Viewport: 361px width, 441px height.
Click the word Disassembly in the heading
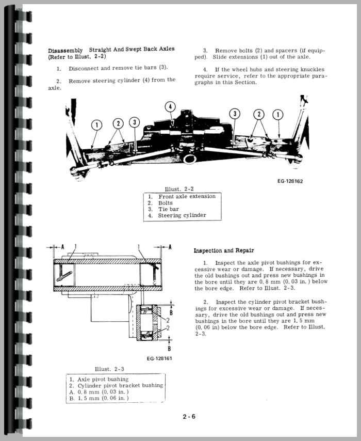[65, 50]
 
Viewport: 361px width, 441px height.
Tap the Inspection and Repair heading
[223, 250]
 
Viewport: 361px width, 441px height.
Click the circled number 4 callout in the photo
[170, 107]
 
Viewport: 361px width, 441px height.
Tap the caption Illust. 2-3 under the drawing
[110, 369]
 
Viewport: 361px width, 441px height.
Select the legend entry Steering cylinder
[182, 215]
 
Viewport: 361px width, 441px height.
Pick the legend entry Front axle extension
[186, 197]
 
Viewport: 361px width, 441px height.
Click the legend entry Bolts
[166, 203]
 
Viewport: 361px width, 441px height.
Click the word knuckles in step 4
[310, 69]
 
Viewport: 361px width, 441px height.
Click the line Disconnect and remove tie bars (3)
[118, 68]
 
